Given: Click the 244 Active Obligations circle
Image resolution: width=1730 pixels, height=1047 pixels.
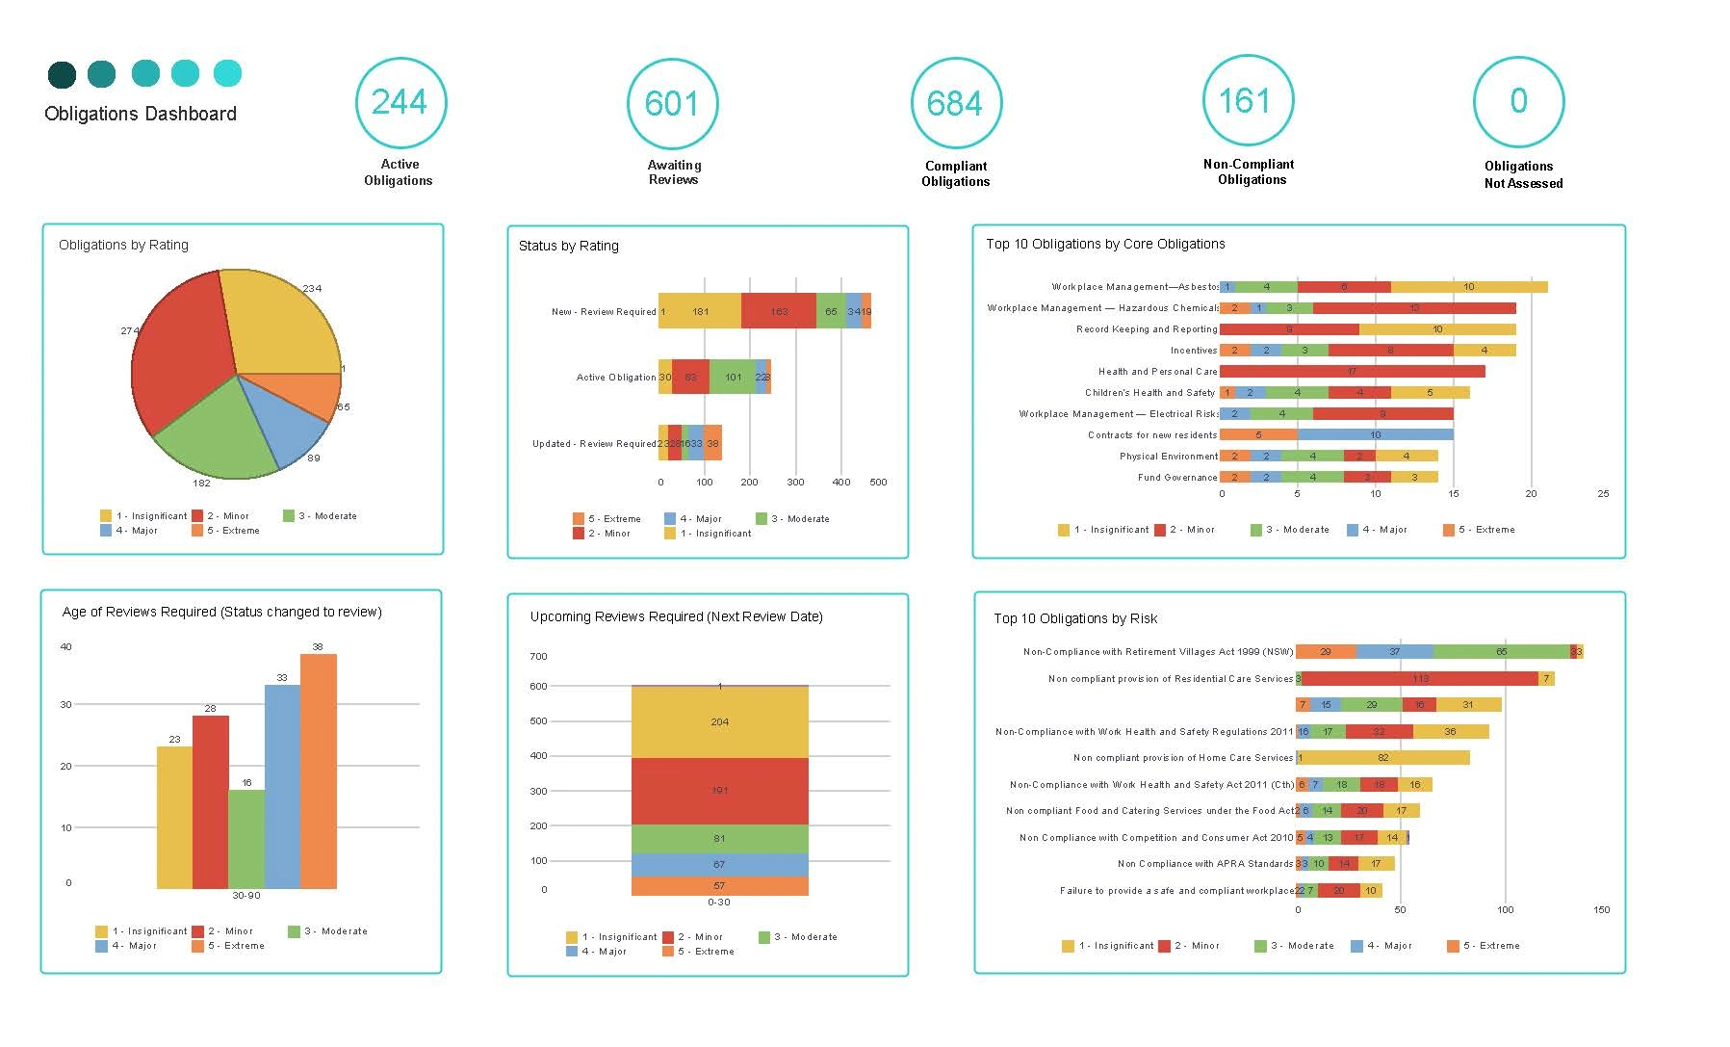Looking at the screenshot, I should click(x=400, y=102).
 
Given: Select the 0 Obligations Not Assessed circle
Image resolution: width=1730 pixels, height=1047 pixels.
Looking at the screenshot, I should click(x=1518, y=101).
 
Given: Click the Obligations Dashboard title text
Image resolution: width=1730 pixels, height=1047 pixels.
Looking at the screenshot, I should click(x=141, y=114).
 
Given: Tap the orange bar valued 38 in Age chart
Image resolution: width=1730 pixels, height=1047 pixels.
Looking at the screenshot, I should click(x=319, y=771).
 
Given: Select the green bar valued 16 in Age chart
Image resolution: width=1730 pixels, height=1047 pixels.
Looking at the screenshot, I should click(x=246, y=838).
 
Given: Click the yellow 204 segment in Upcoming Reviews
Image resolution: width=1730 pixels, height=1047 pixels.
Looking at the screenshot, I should click(x=719, y=721).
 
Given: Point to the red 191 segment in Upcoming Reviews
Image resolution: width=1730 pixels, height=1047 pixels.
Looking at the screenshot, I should click(x=719, y=790).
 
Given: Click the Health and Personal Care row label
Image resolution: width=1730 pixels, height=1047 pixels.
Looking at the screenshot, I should click(x=1157, y=372).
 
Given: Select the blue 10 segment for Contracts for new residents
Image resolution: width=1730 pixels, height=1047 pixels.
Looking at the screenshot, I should click(x=1375, y=435).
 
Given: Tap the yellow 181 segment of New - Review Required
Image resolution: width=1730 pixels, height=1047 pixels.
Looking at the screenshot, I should click(x=701, y=311).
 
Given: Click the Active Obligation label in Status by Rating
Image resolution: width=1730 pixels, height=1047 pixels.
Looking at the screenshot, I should click(x=616, y=378).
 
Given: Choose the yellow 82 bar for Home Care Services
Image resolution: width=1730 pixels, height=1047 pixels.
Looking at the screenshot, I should click(x=1383, y=758).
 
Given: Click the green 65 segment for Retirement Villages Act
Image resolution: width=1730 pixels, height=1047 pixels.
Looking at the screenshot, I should click(x=1501, y=652).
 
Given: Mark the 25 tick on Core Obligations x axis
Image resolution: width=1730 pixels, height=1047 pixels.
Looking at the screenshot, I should click(x=1603, y=494).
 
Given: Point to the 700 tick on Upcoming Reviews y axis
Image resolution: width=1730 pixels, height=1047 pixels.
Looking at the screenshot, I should click(x=538, y=657).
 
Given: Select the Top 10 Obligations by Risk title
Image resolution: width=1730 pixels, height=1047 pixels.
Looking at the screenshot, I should click(x=1075, y=618).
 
